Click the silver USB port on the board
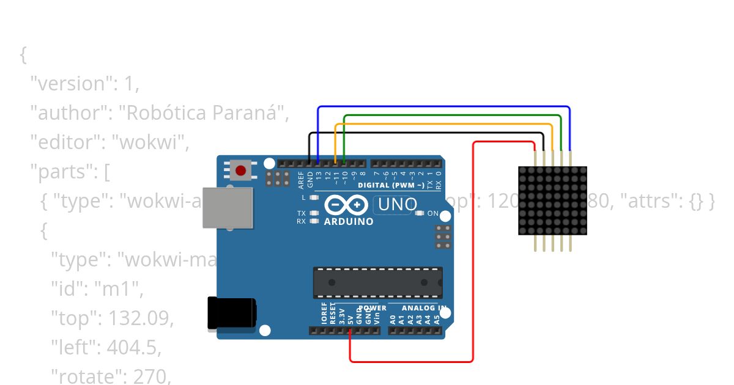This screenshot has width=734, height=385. coord(228,208)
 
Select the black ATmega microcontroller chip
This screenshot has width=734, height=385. coord(377,282)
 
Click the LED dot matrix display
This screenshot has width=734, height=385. coord(552,200)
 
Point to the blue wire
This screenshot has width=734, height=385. coord(443,107)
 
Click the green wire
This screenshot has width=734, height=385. coord(453,115)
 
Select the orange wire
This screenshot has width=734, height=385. coord(443,123)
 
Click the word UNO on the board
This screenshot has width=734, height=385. coord(397,205)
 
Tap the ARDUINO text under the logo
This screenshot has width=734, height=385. coord(349,221)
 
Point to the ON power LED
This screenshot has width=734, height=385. coord(419,213)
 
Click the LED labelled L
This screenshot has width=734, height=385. coord(315,198)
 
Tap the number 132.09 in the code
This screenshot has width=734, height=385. coord(141,318)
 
